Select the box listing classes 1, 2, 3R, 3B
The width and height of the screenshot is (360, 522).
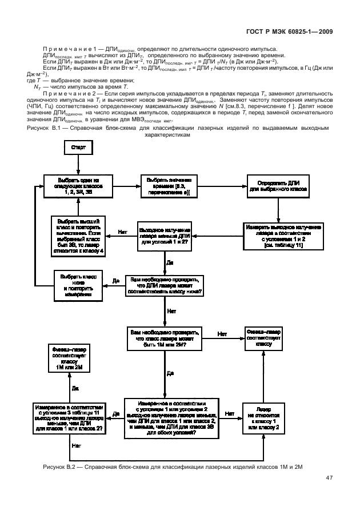point(78,186)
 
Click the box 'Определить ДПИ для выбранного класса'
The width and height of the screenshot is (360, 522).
point(278,186)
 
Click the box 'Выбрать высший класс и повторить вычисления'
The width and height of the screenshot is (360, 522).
point(78,236)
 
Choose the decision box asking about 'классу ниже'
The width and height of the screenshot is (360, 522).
point(165,284)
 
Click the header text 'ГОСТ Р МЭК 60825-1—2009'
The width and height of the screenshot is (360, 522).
point(289,32)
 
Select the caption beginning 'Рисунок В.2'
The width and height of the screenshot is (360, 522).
point(172,467)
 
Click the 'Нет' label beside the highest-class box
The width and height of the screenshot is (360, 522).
point(122,232)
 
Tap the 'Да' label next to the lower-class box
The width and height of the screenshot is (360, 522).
point(115,280)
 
